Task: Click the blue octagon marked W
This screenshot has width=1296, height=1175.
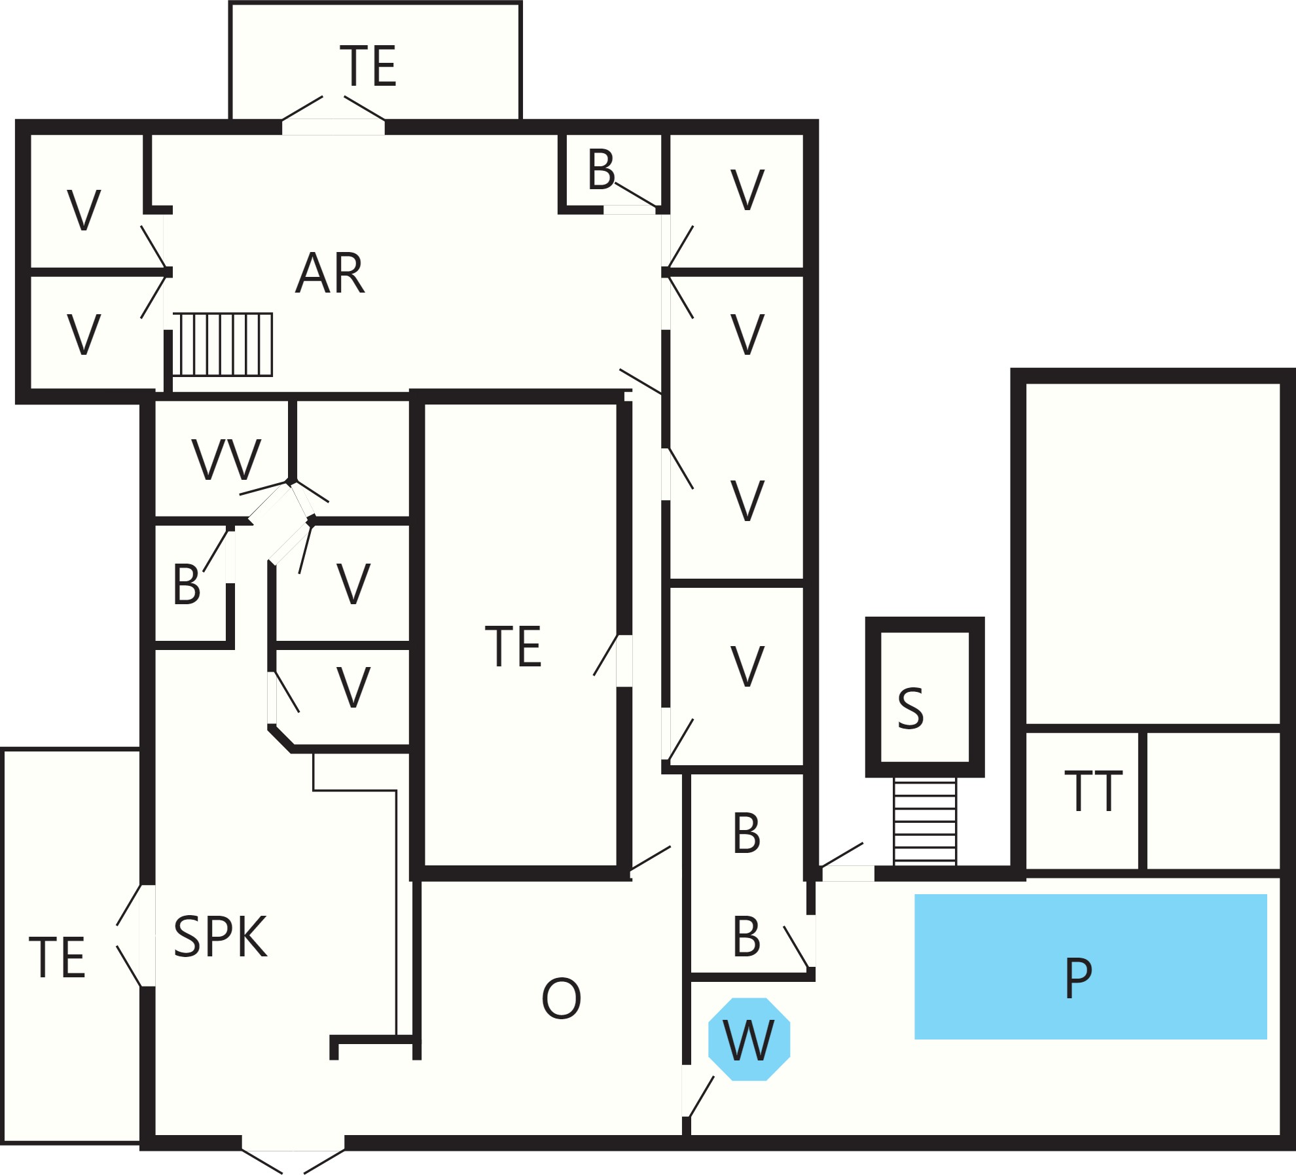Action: pyautogui.click(x=749, y=1039)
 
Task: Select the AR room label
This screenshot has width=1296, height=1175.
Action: pyautogui.click(x=330, y=273)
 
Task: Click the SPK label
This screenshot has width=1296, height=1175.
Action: pyautogui.click(x=221, y=937)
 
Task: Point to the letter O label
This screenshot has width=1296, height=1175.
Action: pyautogui.click(x=562, y=998)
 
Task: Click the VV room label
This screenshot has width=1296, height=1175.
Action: pyautogui.click(x=226, y=460)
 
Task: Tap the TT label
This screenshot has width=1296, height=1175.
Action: pyautogui.click(x=1093, y=791)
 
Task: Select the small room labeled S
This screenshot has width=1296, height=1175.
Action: pyautogui.click(x=925, y=697)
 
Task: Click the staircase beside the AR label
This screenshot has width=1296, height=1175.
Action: pyautogui.click(x=223, y=344)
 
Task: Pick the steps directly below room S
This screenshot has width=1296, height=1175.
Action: pyautogui.click(x=925, y=822)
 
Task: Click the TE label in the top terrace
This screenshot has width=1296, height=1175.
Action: pyautogui.click(x=369, y=66)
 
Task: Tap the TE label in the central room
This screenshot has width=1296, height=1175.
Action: pyautogui.click(x=514, y=647)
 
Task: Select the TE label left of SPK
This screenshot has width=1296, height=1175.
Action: pyautogui.click(x=58, y=958)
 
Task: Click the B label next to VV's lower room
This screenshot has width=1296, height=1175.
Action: pyautogui.click(x=187, y=585)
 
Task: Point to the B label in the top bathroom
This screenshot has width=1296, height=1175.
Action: pyautogui.click(x=602, y=170)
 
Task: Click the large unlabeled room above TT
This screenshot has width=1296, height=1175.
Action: pyautogui.click(x=1153, y=554)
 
